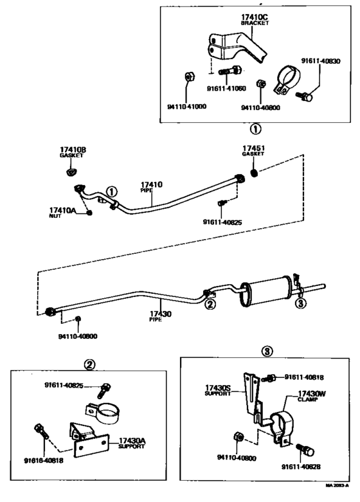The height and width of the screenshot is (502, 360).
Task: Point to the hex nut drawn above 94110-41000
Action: point(190,77)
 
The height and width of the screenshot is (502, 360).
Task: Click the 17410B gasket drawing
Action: point(72,171)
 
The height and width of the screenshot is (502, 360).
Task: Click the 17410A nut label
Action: point(62,210)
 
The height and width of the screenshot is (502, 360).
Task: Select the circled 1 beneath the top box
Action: point(255,128)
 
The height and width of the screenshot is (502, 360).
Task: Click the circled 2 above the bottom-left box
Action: point(91,365)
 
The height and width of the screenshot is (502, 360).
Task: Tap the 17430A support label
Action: point(131,441)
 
